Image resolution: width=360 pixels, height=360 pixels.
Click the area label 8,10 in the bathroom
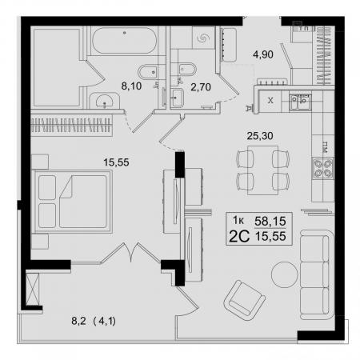(x=131, y=86)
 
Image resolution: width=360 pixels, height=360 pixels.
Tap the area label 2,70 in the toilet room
(x=201, y=87)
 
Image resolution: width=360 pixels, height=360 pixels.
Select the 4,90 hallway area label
(x=263, y=54)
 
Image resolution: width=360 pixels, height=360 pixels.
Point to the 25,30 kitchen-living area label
(x=260, y=136)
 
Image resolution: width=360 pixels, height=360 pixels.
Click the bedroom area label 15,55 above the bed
(x=116, y=162)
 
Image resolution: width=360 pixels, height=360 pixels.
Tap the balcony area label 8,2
(x=78, y=321)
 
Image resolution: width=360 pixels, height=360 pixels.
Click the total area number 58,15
(x=270, y=221)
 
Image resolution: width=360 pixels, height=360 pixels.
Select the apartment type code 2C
(x=239, y=236)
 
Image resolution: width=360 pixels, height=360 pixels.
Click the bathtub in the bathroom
(x=124, y=41)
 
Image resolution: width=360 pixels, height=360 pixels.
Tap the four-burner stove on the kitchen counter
(x=323, y=168)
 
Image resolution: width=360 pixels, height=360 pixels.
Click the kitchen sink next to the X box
(x=300, y=102)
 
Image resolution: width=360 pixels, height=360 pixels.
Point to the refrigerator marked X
(x=270, y=101)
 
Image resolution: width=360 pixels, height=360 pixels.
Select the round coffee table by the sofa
(x=285, y=274)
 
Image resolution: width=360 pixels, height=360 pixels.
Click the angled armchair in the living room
(x=244, y=300)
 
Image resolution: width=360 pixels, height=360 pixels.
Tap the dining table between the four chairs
(x=262, y=170)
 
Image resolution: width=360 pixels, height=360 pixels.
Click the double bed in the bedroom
(x=72, y=202)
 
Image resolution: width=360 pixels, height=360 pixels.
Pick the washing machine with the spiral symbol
(x=203, y=38)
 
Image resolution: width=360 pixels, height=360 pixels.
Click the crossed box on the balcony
(x=33, y=289)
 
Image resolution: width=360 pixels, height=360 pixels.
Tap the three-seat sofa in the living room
(x=317, y=275)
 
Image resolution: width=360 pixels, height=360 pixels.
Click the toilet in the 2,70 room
(x=187, y=70)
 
